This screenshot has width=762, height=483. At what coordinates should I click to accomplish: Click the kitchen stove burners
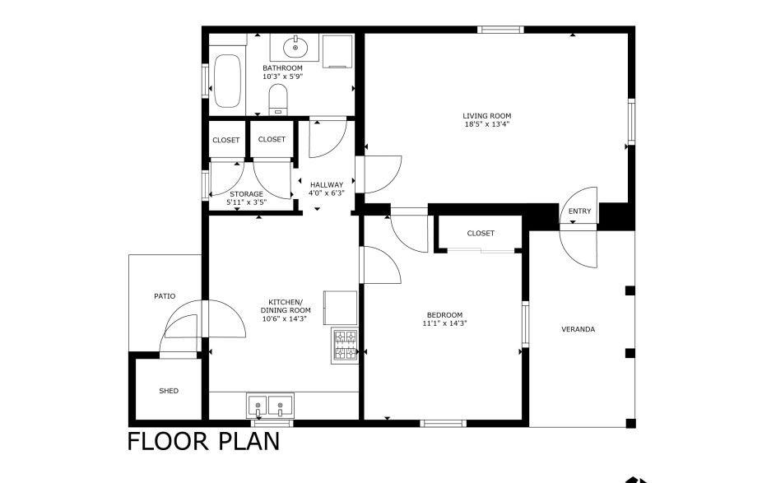345,346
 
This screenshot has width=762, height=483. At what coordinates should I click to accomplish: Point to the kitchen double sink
269,405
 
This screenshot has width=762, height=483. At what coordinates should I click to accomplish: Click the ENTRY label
579,211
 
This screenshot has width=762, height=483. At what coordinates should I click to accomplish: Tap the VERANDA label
578,329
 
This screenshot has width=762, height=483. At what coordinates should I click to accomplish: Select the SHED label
168,391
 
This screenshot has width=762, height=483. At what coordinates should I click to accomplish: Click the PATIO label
165,296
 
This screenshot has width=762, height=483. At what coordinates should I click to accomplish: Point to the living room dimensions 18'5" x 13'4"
486,125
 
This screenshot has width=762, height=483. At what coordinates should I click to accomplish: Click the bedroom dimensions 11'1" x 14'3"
444,323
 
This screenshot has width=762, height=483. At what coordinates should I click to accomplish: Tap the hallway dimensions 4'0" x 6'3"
326,193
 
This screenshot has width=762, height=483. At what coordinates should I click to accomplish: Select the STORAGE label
246,194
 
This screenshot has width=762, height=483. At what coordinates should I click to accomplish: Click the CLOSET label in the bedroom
481,234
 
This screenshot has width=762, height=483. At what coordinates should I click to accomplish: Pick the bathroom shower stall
337,52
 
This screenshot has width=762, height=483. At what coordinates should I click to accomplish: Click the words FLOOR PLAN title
203,441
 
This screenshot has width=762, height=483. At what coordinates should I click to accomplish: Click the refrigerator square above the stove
341,307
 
